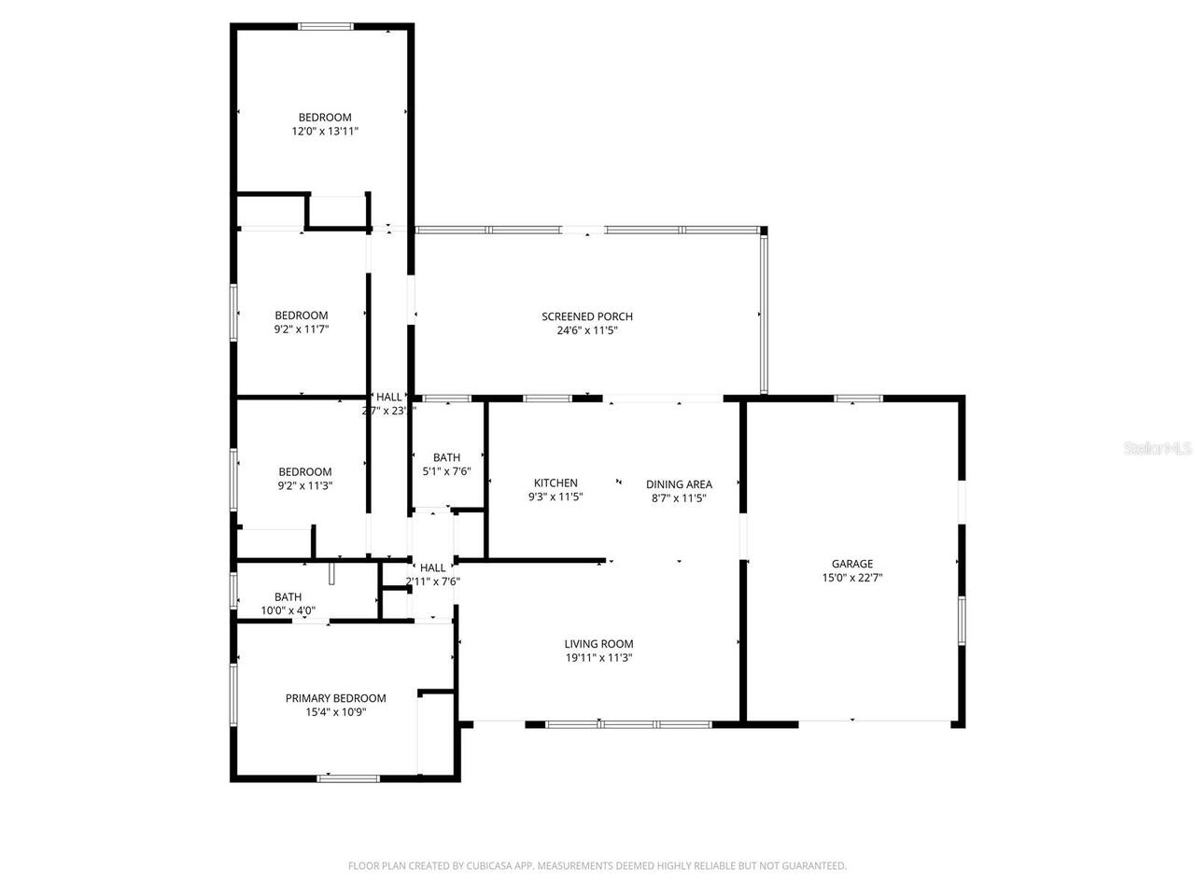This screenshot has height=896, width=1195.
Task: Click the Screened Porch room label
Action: pyautogui.click(x=586, y=316)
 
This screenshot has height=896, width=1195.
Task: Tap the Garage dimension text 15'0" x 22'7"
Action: pyautogui.click(x=851, y=578)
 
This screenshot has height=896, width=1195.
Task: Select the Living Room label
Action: pyautogui.click(x=598, y=643)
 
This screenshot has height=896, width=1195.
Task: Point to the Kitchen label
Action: pyautogui.click(x=555, y=483)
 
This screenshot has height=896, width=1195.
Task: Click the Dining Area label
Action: pyautogui.click(x=679, y=483)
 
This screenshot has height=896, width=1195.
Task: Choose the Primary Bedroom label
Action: pyautogui.click(x=335, y=698)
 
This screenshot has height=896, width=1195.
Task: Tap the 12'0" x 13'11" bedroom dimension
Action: pyautogui.click(x=325, y=132)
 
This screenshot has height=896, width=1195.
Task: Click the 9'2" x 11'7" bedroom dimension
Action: pyautogui.click(x=301, y=329)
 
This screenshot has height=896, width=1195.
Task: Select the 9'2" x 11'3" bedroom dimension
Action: pyautogui.click(x=304, y=485)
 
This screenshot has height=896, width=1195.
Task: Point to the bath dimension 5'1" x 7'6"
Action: pyautogui.click(x=446, y=471)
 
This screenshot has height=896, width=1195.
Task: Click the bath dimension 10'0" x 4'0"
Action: pyautogui.click(x=288, y=611)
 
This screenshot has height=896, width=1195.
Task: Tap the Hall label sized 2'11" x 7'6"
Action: pyautogui.click(x=432, y=567)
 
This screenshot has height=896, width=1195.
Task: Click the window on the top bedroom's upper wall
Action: pyautogui.click(x=326, y=27)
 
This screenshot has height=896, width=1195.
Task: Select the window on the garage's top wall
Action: pyautogui.click(x=858, y=399)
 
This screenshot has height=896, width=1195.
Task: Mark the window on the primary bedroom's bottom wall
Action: pyautogui.click(x=348, y=777)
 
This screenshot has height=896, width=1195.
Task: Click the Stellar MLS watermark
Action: pyautogui.click(x=1158, y=448)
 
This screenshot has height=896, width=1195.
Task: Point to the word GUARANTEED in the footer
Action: pyautogui.click(x=815, y=866)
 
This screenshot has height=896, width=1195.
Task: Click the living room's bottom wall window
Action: pyautogui.click(x=628, y=723)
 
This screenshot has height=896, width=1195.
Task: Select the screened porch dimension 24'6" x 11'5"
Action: pyautogui.click(x=586, y=329)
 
